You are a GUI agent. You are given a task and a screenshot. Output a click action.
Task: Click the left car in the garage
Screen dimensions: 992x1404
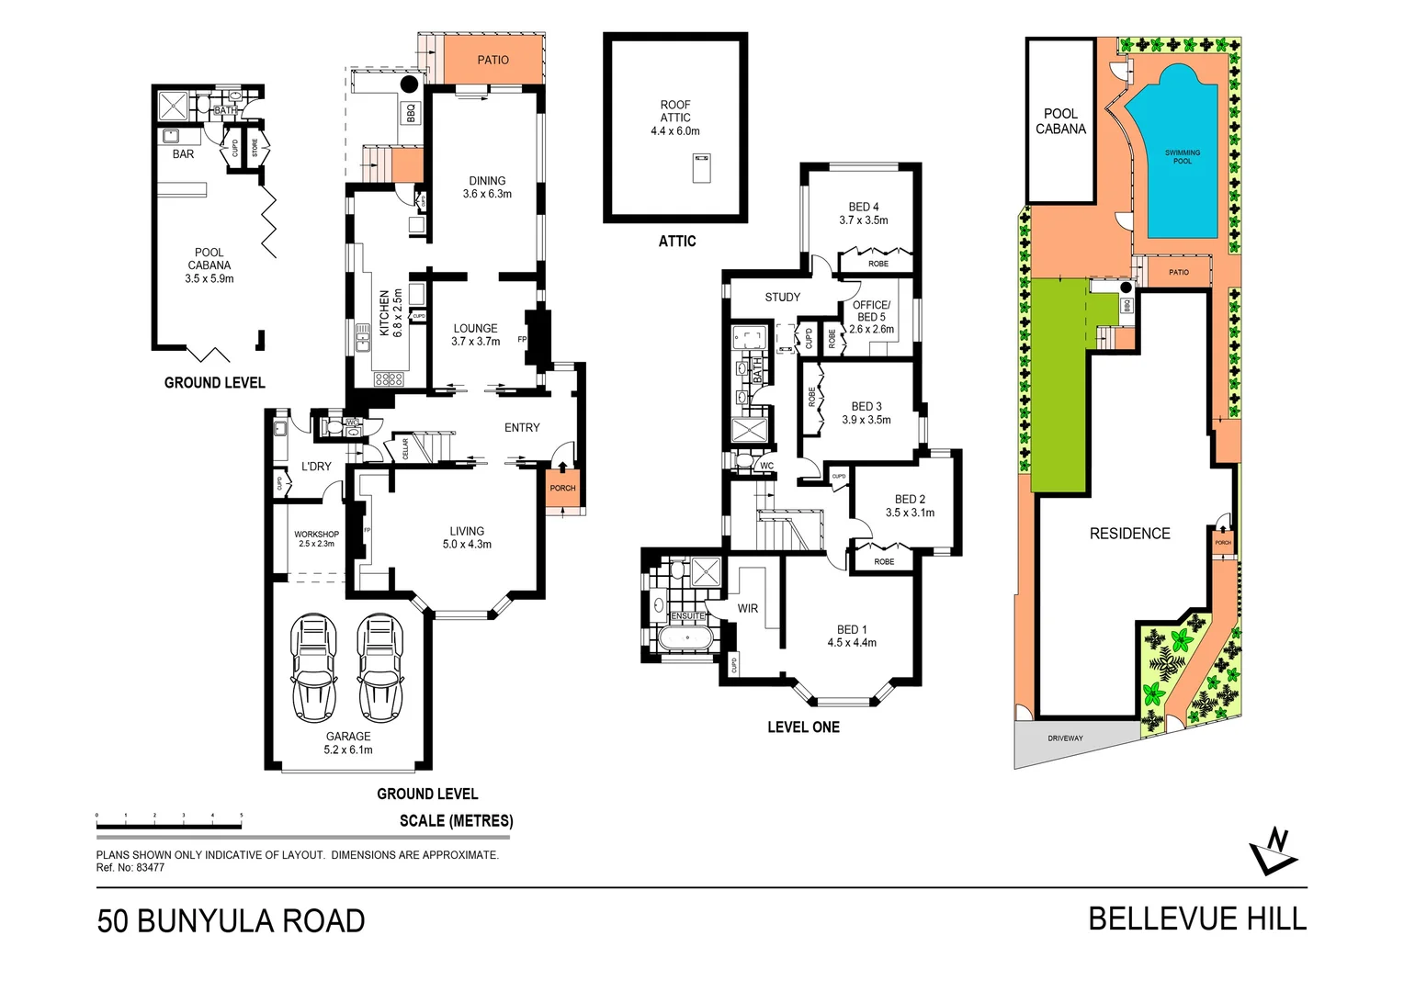(x=313, y=669)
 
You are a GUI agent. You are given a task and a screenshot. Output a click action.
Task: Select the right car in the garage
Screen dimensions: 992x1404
(x=379, y=669)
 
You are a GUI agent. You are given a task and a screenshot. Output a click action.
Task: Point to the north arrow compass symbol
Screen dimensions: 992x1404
(x=1274, y=852)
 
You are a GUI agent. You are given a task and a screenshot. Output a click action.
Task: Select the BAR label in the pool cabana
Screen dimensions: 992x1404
(x=183, y=154)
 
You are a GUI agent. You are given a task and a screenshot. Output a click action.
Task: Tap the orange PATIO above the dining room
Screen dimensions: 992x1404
(x=493, y=60)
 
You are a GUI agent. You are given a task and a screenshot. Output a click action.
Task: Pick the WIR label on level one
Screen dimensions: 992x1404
(x=747, y=608)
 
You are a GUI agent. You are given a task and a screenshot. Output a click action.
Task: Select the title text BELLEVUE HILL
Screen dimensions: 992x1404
(x=1196, y=919)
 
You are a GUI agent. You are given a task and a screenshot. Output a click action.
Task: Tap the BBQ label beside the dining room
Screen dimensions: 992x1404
(x=411, y=112)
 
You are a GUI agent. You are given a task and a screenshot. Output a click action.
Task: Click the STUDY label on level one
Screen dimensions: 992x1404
(x=782, y=297)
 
